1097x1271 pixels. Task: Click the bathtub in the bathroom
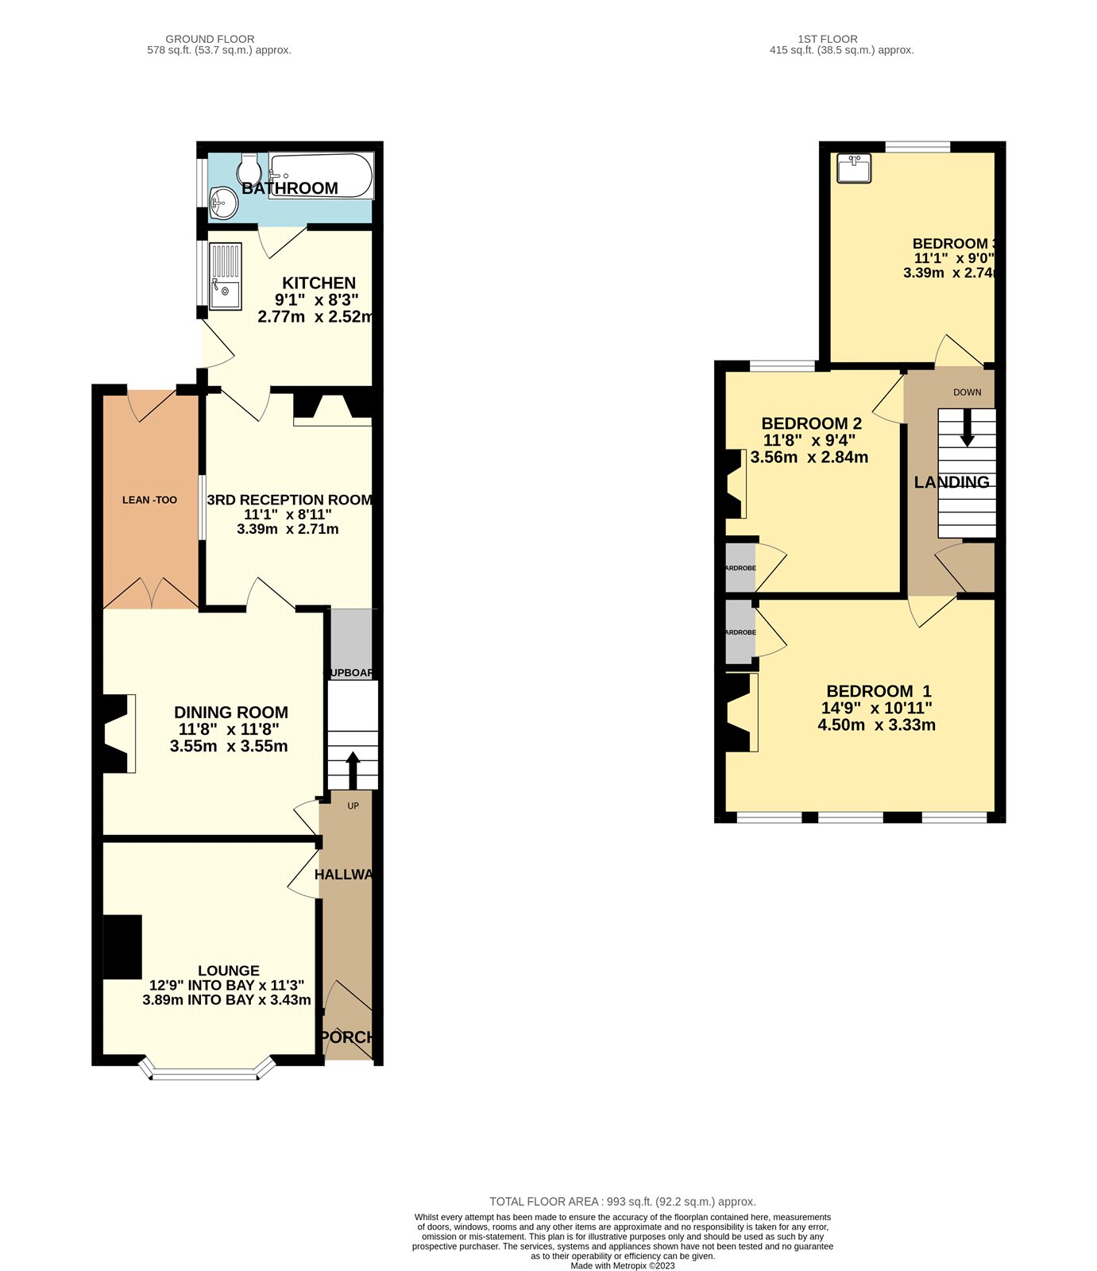(321, 175)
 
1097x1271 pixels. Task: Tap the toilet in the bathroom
(249, 168)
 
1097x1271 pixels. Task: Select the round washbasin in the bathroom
(224, 203)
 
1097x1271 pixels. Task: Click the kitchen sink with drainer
(226, 276)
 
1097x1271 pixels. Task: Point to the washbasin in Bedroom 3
(854, 168)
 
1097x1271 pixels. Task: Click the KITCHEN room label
(319, 283)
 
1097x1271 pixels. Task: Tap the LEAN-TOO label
(149, 500)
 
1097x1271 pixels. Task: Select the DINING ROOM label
(231, 713)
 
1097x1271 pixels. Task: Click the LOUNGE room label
(229, 971)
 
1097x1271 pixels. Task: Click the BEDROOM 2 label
(811, 423)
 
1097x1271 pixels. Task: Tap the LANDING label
(952, 482)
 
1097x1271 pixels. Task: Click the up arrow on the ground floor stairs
(352, 769)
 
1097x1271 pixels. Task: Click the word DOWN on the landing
(967, 392)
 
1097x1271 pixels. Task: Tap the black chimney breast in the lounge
(122, 947)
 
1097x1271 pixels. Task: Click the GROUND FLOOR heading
(210, 39)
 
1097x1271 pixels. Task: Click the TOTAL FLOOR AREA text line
(622, 1202)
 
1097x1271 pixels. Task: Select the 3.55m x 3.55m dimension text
(229, 747)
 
